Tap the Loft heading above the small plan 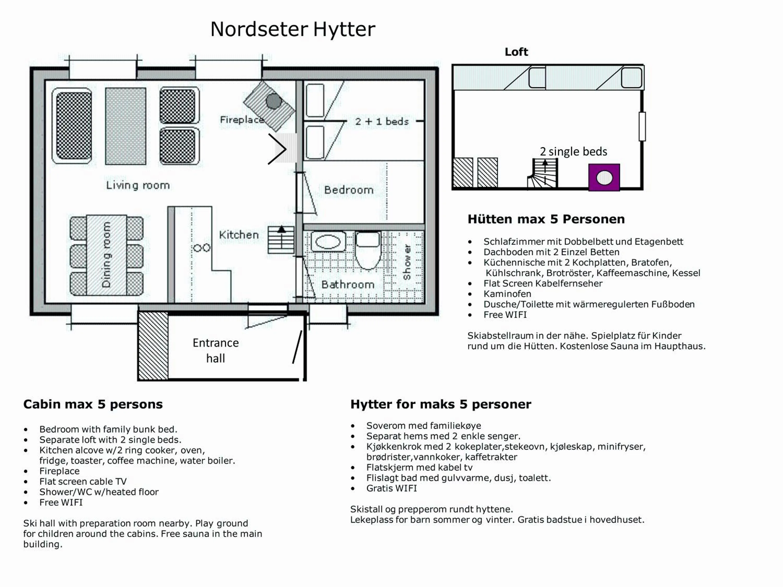516,52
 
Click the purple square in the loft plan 604,177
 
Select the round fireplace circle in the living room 274,101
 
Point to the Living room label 138,185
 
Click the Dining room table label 106,255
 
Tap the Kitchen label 239,235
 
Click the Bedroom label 349,190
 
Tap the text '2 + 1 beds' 382,121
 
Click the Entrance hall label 216,350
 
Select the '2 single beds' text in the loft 573,151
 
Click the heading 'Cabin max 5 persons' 93,404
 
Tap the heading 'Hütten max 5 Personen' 546,219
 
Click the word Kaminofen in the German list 507,294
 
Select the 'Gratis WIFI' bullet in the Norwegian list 391,488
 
